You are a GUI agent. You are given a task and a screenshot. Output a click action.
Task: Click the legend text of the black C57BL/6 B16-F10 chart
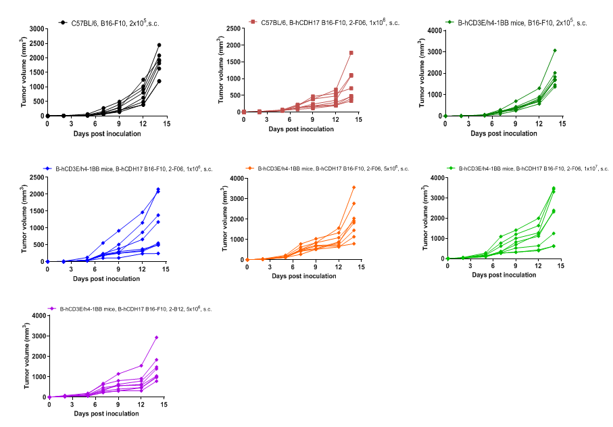(118, 23)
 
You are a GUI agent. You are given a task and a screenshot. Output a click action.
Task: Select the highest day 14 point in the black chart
(159, 45)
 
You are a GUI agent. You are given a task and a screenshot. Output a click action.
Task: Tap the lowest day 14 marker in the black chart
(159, 81)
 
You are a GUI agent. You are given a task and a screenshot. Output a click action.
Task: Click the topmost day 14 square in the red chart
(351, 53)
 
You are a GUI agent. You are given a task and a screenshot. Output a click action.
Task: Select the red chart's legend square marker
(251, 22)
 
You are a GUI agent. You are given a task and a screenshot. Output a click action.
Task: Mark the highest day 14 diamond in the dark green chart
(554, 50)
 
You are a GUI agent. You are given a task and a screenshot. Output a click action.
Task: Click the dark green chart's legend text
(522, 23)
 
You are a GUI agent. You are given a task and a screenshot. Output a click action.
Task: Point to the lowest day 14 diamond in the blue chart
(158, 253)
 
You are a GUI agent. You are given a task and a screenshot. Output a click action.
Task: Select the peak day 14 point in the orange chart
(353, 187)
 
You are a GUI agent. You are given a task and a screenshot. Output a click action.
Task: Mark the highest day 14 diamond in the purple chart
(157, 337)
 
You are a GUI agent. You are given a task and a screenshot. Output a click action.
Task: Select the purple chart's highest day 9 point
(118, 374)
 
